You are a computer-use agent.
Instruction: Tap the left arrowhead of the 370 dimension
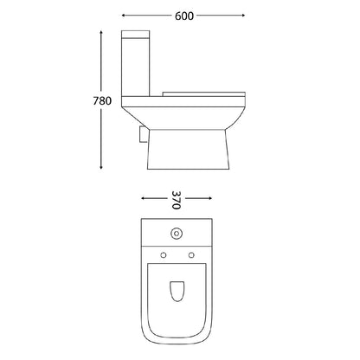point(142,196)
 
